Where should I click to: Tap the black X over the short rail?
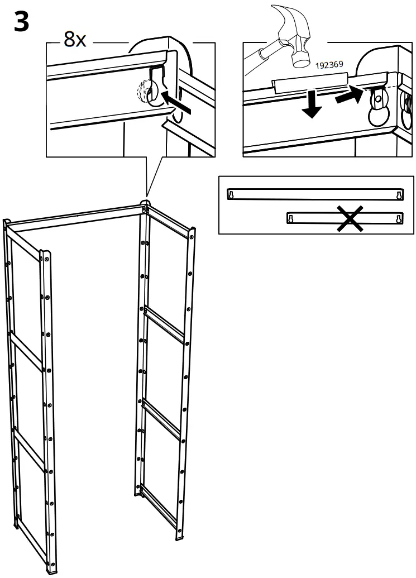[349, 218]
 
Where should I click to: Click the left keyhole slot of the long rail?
[231, 194]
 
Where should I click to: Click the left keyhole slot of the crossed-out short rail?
[290, 218]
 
